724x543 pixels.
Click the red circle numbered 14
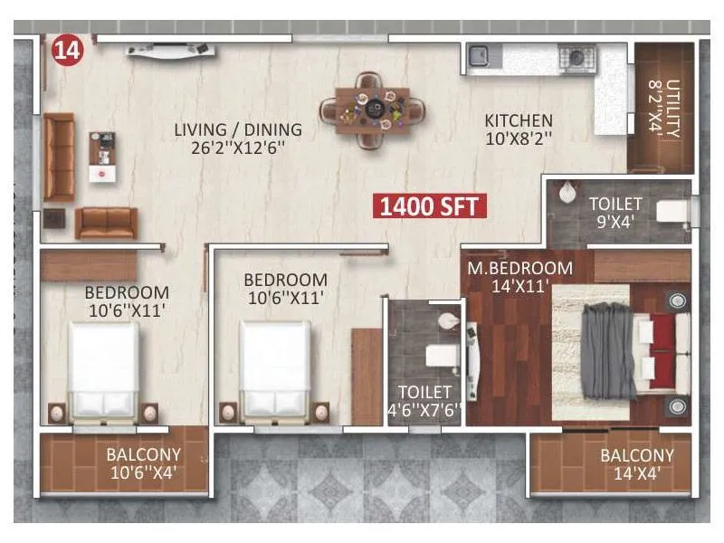(67, 49)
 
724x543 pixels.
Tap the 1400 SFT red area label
(431, 206)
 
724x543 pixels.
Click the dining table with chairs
(372, 110)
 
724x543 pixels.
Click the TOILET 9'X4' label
(615, 212)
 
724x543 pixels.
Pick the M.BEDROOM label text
(519, 268)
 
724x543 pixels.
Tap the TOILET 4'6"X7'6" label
(424, 401)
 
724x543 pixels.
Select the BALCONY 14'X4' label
(637, 463)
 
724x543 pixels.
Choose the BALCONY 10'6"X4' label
(143, 462)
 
